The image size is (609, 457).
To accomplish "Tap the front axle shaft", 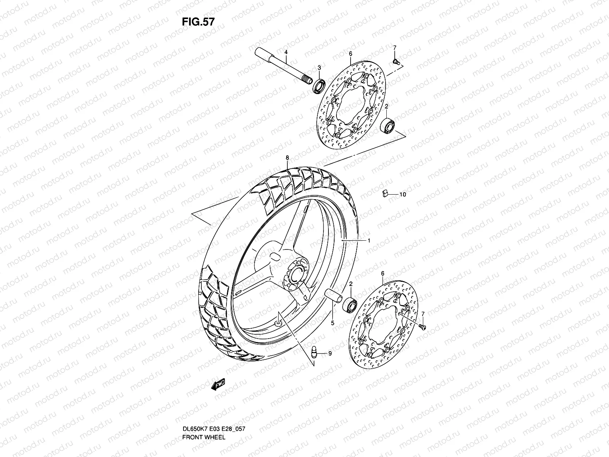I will click(x=282, y=68).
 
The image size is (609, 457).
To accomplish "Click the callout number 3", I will click(x=319, y=67).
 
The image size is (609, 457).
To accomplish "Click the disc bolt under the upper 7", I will click(x=397, y=61).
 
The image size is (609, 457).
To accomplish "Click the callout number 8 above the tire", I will click(x=287, y=157).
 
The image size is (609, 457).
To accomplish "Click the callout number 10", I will click(x=403, y=195).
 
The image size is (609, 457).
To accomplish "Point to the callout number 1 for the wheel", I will click(x=369, y=241).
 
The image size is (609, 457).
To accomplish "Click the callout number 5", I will click(x=332, y=323).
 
